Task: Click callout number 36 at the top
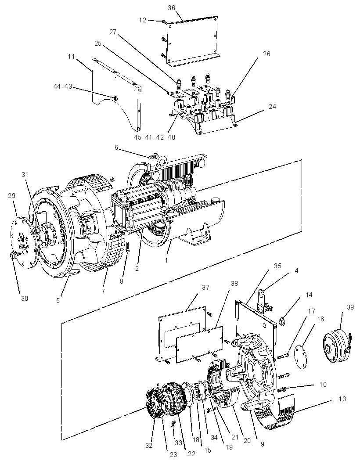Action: [171, 8]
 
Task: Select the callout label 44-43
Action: [63, 86]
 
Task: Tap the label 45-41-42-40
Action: [155, 137]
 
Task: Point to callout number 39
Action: [350, 307]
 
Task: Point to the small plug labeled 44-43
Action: [115, 98]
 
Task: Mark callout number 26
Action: [266, 54]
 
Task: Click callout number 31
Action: [25, 174]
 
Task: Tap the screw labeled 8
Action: [128, 247]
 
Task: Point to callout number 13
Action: [342, 399]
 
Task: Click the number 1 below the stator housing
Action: [166, 260]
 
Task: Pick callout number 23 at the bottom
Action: [173, 454]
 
